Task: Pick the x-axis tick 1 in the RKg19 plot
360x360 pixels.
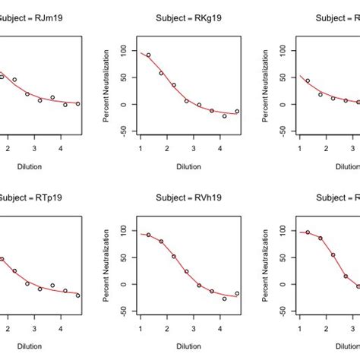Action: pyautogui.click(x=141, y=147)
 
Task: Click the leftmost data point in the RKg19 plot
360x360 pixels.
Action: pyautogui.click(x=148, y=55)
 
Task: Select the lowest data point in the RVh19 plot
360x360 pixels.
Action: pyautogui.click(x=224, y=298)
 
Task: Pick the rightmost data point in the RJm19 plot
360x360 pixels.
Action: pyautogui.click(x=77, y=104)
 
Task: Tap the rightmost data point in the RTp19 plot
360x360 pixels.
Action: pyautogui.click(x=77, y=295)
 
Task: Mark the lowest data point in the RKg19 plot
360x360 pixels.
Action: pyautogui.click(x=224, y=116)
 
